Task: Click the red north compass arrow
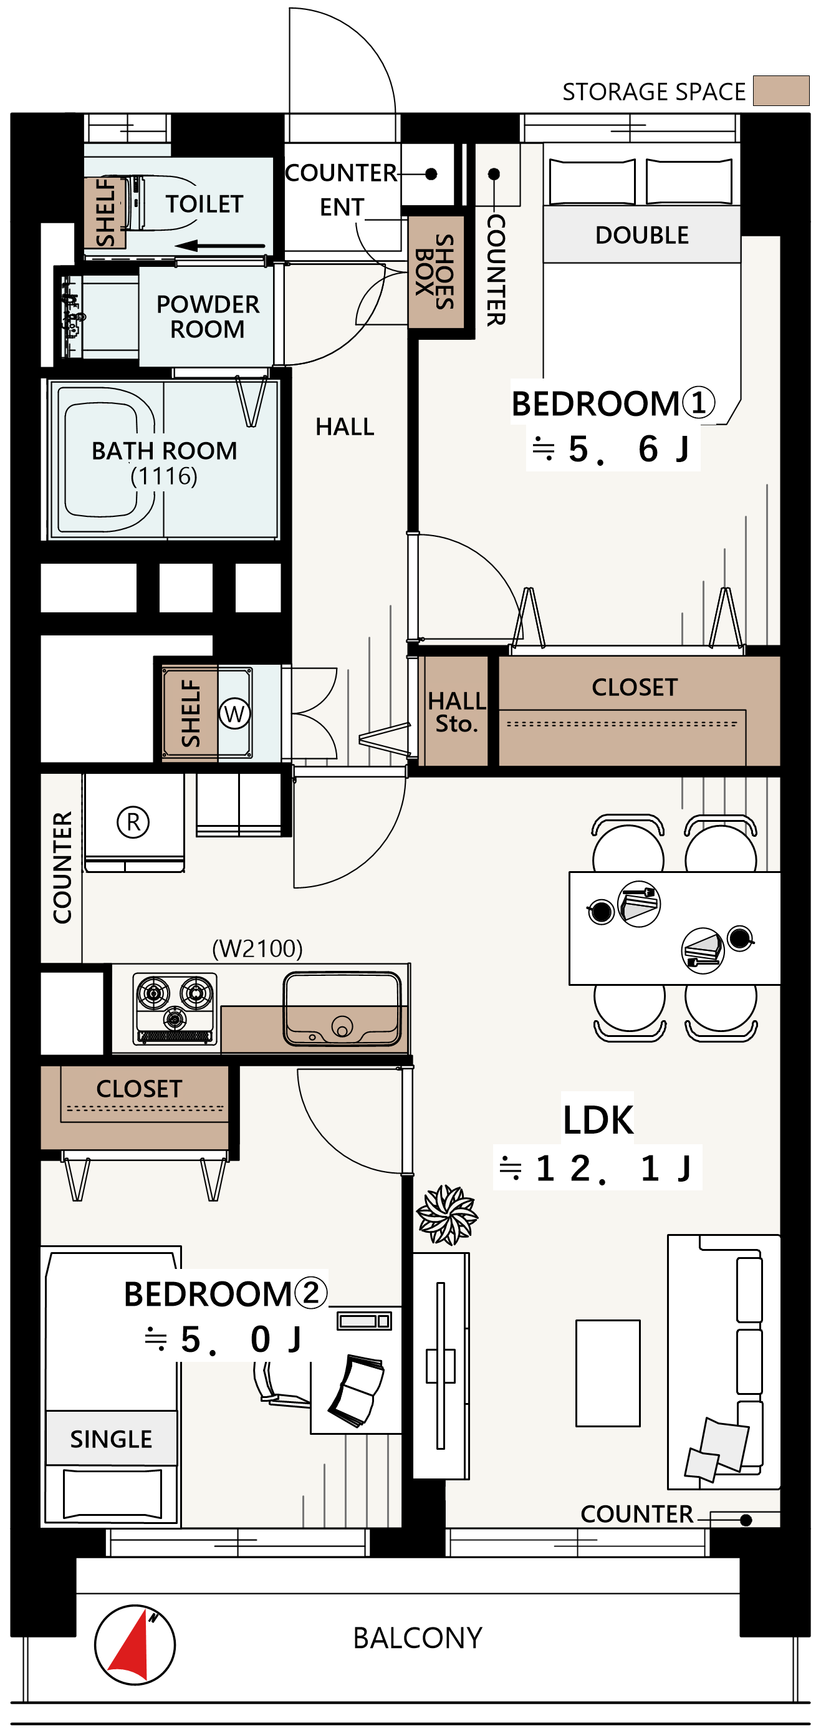[132, 1647]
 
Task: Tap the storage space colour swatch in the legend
[780, 90]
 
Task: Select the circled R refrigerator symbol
[133, 822]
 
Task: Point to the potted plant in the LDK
[446, 1215]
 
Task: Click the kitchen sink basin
[342, 1009]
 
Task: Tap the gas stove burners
[175, 1000]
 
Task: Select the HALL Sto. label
[457, 711]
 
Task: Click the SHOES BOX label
[435, 272]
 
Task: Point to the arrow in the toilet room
[220, 246]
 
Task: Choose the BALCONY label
[418, 1637]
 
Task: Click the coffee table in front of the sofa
[608, 1372]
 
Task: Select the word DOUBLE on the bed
[642, 235]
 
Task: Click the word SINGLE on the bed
[111, 1439]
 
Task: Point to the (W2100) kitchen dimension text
[257, 948]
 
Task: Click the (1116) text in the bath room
[164, 476]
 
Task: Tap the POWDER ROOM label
[208, 317]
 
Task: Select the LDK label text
[598, 1120]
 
